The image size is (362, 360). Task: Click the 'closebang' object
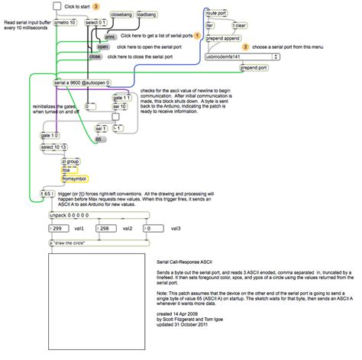(x=122, y=14)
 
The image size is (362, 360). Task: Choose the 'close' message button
(x=95, y=56)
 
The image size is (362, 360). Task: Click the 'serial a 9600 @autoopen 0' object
(x=82, y=82)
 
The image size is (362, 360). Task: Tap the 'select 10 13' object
(x=55, y=146)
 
